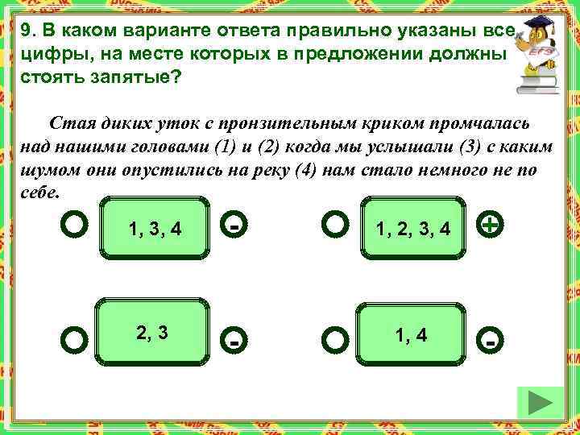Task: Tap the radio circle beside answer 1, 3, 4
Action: (75, 225)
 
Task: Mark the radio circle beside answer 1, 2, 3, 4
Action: (334, 225)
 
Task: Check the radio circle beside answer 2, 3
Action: (75, 340)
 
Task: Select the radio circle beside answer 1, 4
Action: (334, 340)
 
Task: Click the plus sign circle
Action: (490, 224)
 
